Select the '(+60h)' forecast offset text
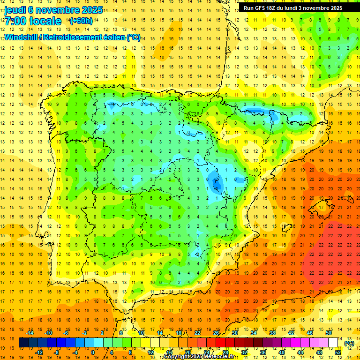point(81,21)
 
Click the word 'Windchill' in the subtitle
point(22,37)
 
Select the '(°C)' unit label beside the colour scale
point(349,343)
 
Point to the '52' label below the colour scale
point(338,352)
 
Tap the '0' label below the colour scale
point(92,352)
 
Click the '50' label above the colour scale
point(329,333)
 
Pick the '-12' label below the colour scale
point(39,352)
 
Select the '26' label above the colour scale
point(216,333)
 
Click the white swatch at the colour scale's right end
point(333,343)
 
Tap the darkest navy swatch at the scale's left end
point(23,343)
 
